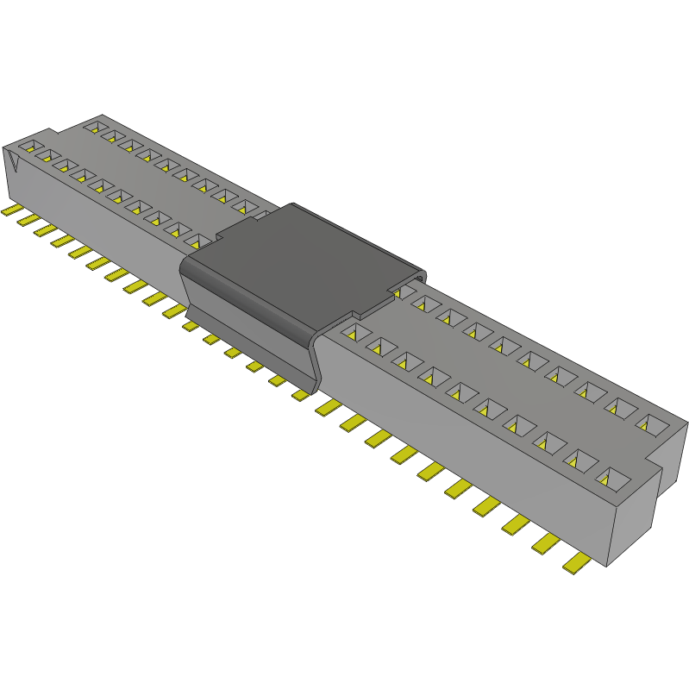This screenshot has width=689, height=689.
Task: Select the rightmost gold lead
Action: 576,564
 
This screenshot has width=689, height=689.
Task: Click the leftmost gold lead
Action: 10,210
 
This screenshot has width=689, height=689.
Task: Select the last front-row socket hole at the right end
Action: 613,476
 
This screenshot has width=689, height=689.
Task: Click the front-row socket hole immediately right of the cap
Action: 353,332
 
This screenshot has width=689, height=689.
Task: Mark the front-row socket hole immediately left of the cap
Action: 197,241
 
